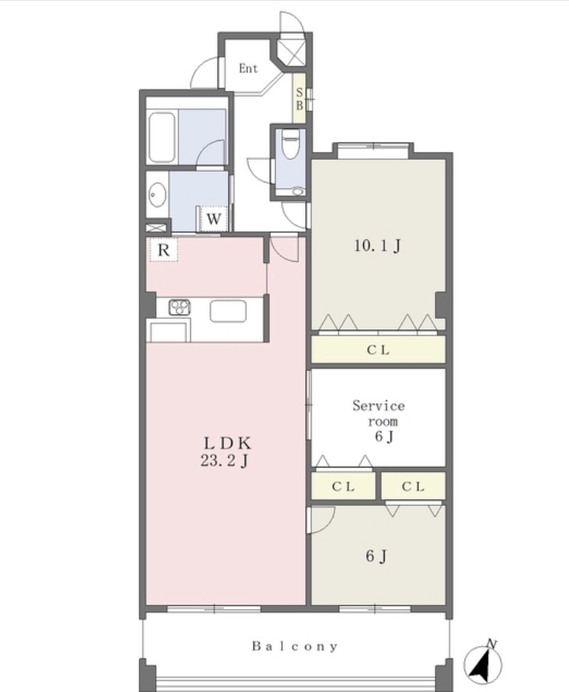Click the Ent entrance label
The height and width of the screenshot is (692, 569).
coord(248,69)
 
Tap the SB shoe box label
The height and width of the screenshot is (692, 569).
coord(299,99)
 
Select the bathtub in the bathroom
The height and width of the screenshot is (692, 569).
coord(162,137)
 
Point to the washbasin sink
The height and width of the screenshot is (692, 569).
coord(157,195)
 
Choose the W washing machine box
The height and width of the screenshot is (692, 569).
coord(214,219)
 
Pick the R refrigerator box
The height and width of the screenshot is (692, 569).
coord(164,250)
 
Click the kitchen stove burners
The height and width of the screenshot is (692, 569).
coord(179,307)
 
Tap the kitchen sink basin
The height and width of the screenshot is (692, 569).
coord(228,311)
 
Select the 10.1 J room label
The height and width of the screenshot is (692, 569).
coord(377,245)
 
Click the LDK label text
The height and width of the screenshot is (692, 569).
coord(227,443)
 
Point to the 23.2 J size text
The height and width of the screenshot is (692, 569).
coord(224,461)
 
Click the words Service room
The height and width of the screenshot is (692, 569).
coord(379,413)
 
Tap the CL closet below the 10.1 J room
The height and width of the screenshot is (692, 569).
coord(378,350)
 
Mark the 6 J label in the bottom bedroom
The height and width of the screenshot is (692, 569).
coord(376,556)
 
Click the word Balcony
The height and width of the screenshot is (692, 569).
coord(295,647)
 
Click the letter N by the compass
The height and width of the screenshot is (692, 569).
coord(491,644)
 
